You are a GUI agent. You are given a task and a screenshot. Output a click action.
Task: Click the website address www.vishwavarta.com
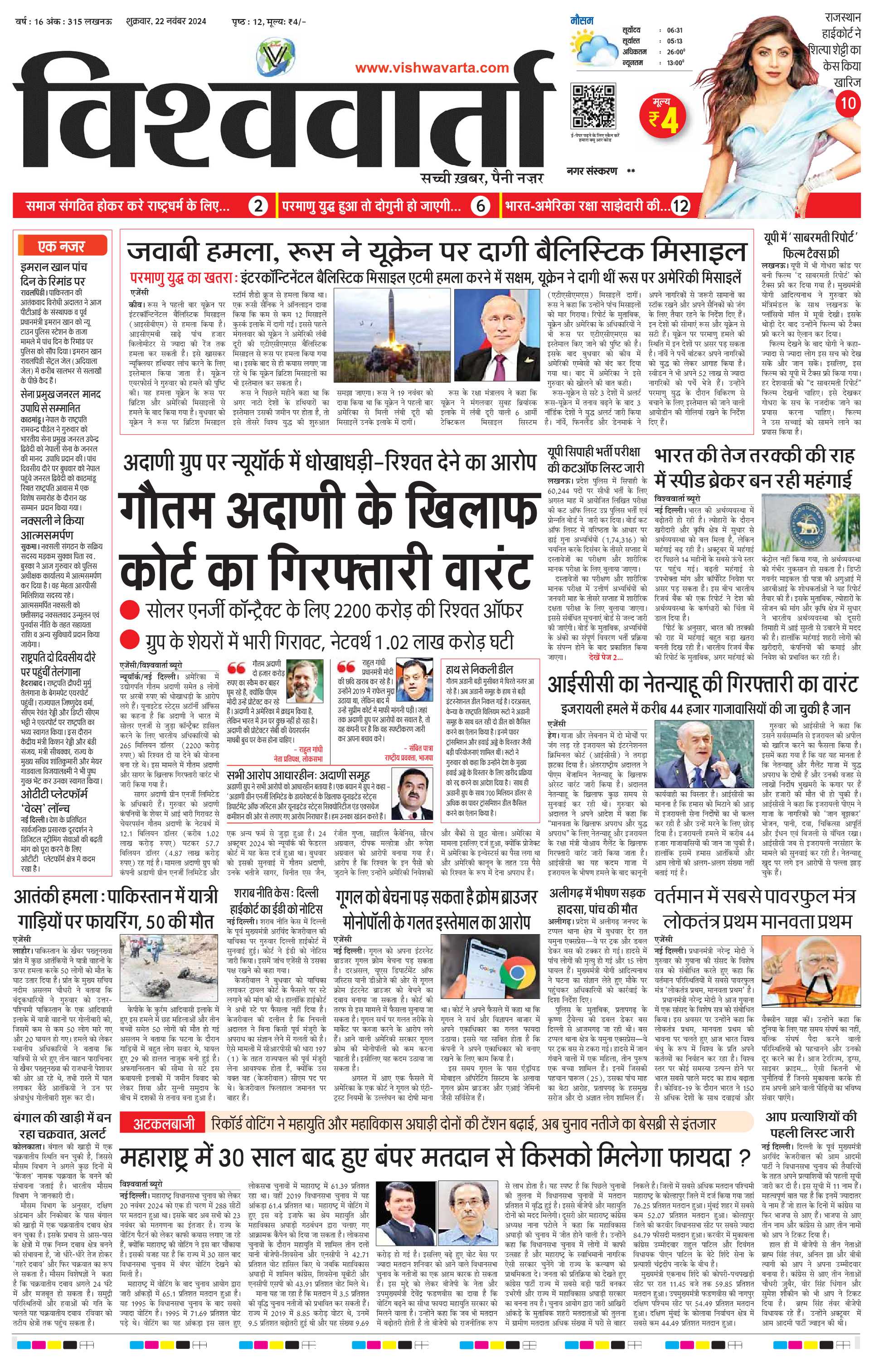(432, 68)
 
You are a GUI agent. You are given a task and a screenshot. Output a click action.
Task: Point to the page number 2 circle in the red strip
(258, 207)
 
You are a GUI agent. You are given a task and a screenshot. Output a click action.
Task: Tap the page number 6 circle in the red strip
(481, 207)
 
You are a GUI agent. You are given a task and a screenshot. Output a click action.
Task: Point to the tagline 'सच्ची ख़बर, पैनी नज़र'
(481, 179)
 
